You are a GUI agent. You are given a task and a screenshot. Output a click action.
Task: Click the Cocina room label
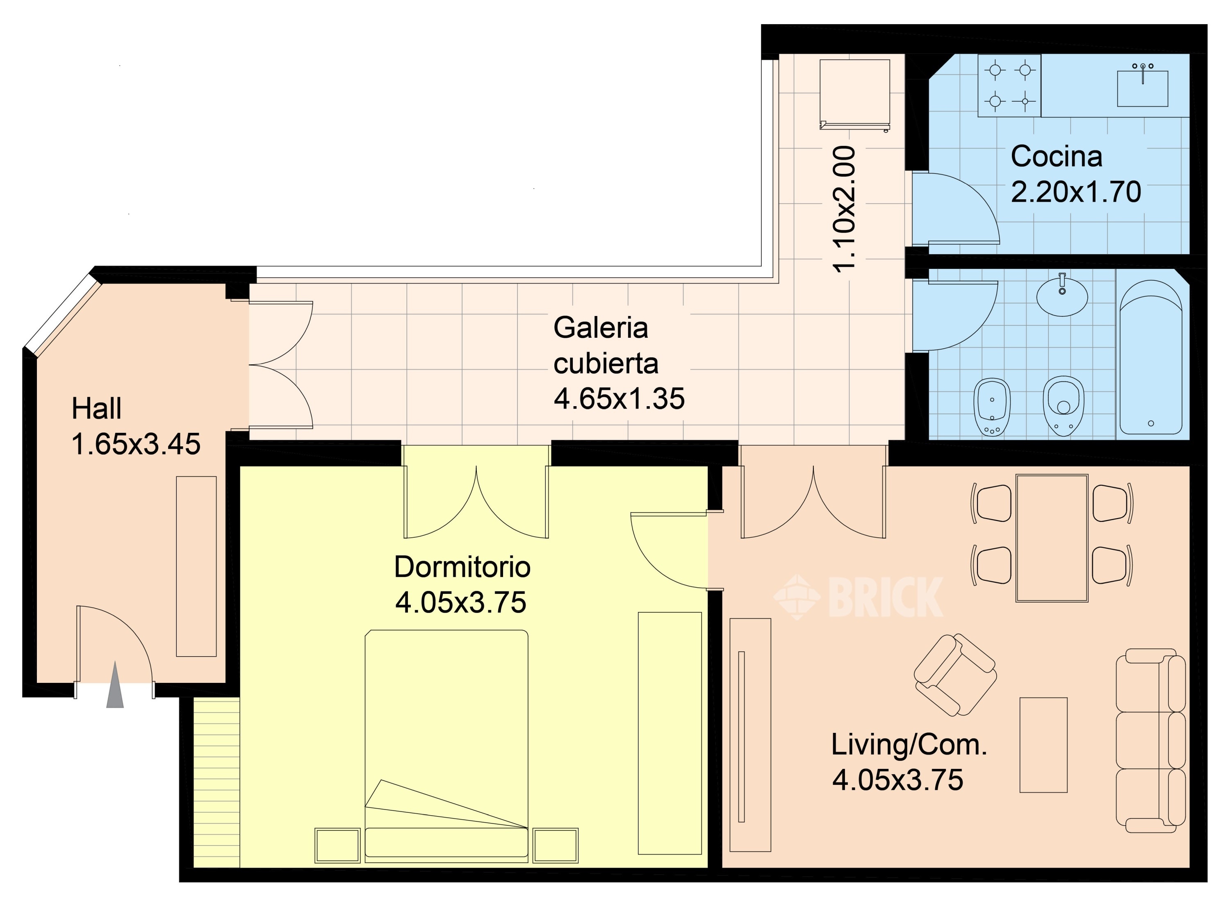(x=1056, y=156)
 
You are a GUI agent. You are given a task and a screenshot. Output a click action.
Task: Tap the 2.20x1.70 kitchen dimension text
(x=1075, y=192)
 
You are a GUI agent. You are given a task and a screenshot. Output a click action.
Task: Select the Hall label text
(x=96, y=409)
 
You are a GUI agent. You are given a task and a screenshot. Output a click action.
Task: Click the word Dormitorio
(x=462, y=567)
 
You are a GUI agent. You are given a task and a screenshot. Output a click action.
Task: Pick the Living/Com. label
(x=909, y=745)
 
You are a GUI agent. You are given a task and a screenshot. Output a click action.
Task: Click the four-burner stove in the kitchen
(x=1009, y=86)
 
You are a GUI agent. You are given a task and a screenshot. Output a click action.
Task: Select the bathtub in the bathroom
(x=1150, y=357)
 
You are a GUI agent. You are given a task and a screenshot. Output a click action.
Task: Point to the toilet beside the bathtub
(x=1064, y=405)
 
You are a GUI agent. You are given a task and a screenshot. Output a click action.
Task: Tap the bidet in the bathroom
(x=992, y=407)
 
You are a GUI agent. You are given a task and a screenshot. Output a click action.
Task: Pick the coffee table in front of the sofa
(x=1043, y=745)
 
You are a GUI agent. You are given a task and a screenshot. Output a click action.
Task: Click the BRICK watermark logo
(x=858, y=597)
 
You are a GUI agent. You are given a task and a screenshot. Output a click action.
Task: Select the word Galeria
(x=601, y=327)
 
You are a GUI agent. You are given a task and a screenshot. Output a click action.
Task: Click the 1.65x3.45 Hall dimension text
(x=136, y=444)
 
